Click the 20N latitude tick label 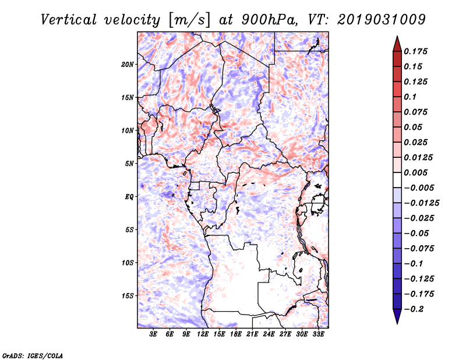(128, 64)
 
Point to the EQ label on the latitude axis (129, 196)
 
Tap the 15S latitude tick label (128, 295)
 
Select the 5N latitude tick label (129, 164)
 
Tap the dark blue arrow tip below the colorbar (397, 319)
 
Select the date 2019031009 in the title (380, 19)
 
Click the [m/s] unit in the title (188, 20)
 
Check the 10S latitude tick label (128, 263)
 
